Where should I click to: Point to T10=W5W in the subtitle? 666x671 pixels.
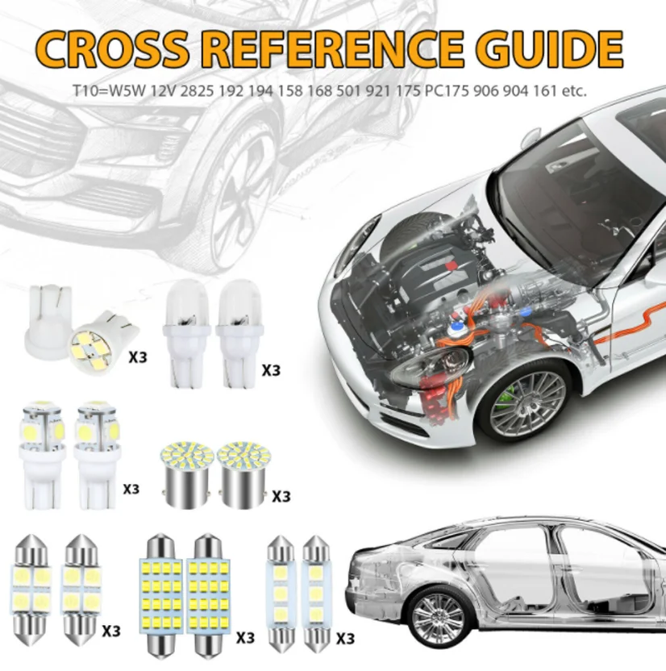[x=126, y=91]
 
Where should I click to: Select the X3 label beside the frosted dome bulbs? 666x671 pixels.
[x=271, y=369]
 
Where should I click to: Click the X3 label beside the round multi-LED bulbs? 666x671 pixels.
[x=280, y=496]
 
